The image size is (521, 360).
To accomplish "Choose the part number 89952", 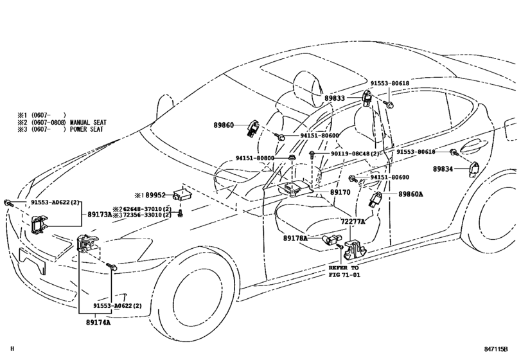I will point(154,194).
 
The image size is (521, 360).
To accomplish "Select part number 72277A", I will point(353,221).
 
